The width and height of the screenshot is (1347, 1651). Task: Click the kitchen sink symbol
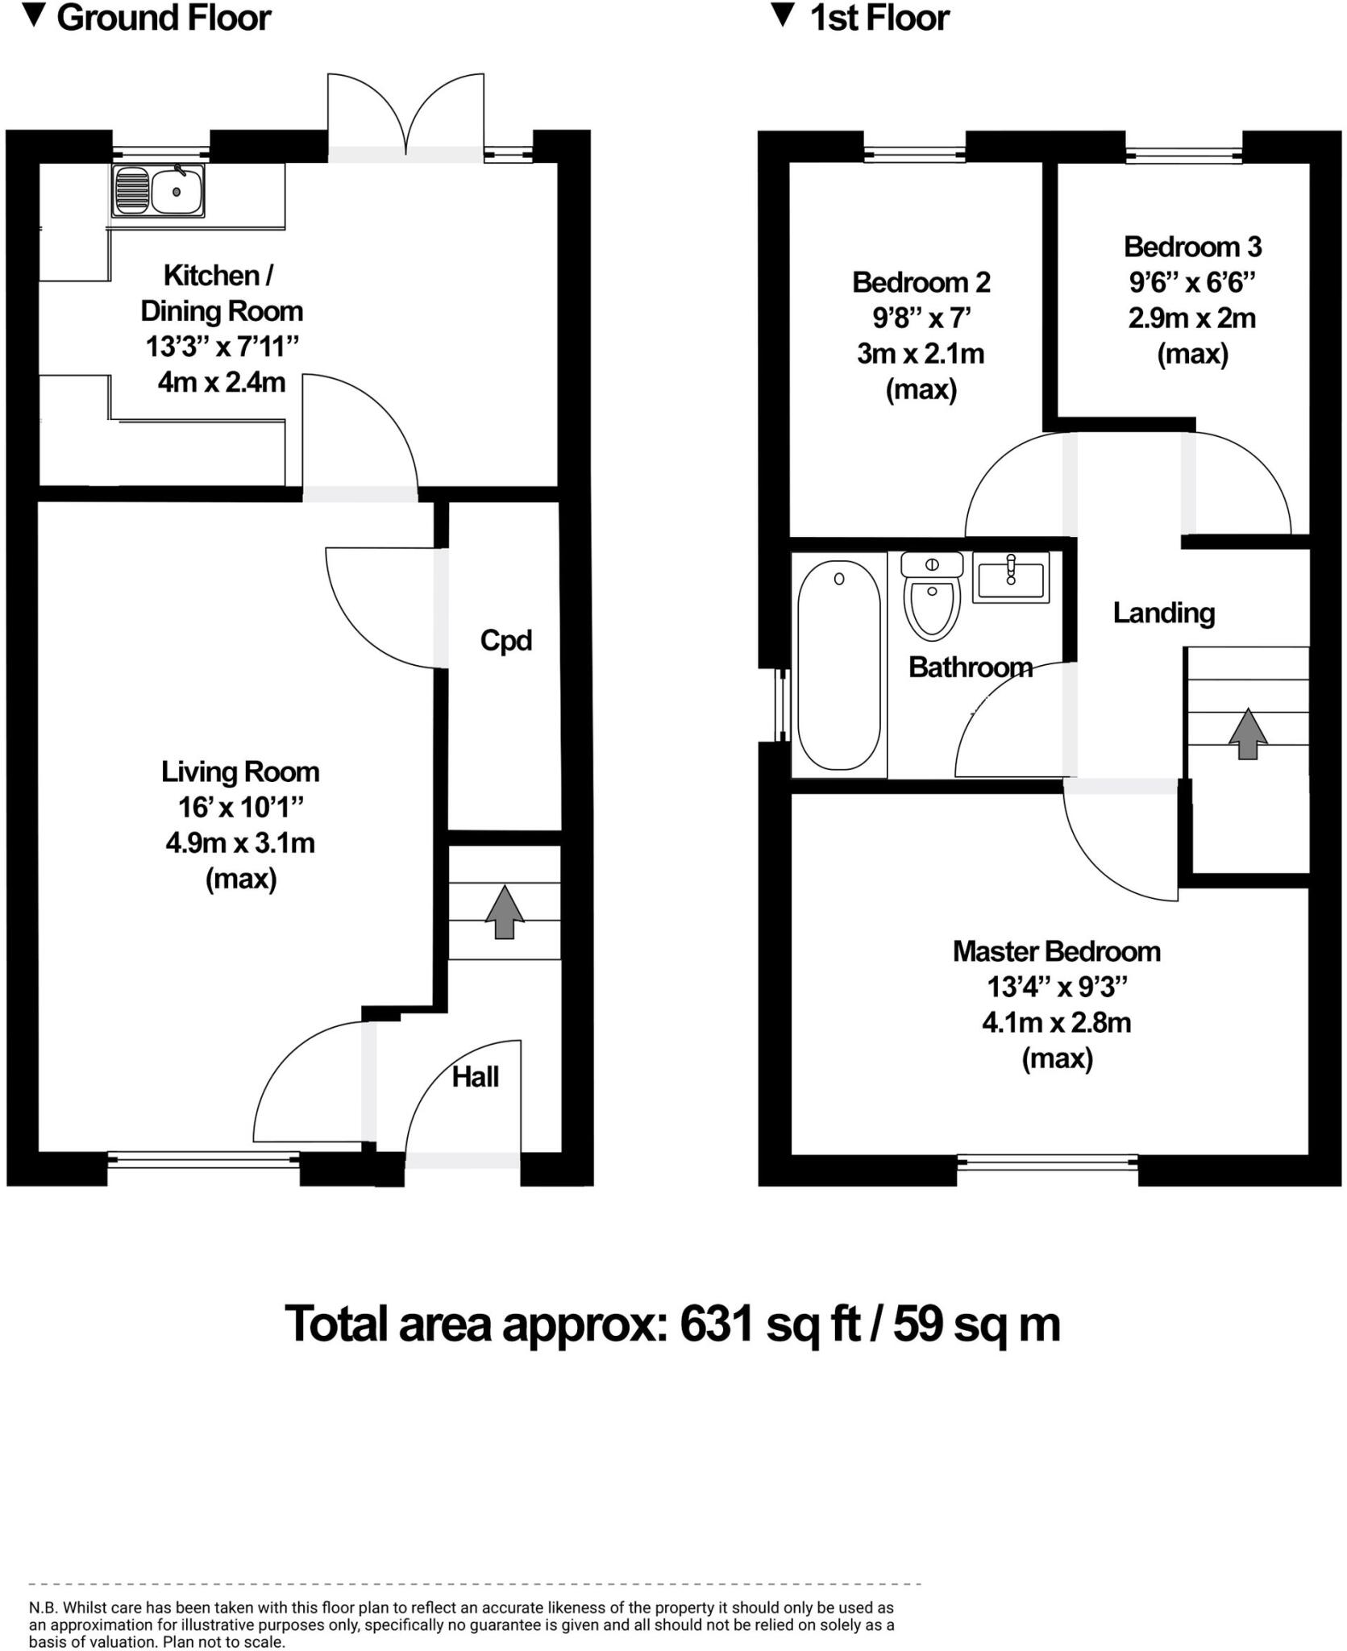pos(158,192)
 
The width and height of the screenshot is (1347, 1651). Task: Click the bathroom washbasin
pos(1011,577)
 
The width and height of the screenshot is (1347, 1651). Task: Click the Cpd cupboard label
pos(505,640)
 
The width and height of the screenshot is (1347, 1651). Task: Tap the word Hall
pos(475,1077)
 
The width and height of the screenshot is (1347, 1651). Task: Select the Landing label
pos(1163,613)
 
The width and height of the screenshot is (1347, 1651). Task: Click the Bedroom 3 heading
pos(1192,247)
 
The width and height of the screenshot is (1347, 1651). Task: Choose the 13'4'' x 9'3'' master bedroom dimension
pos(1056,987)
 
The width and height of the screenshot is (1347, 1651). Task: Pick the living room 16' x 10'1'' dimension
pos(240,807)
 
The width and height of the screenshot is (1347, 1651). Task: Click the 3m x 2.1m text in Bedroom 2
pos(921,354)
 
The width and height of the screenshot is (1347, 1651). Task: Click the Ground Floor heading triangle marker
pos(34,17)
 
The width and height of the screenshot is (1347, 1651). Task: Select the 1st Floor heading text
pos(879,18)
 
